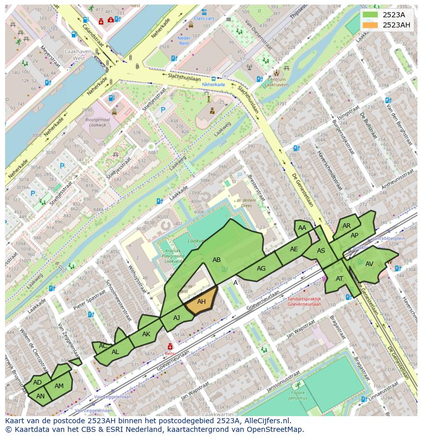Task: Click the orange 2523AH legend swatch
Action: [x=371, y=25]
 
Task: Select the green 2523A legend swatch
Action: [x=371, y=15]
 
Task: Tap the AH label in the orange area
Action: [x=201, y=302]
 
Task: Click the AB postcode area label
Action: [x=217, y=260]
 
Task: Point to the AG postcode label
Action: [x=261, y=269]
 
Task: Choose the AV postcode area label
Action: [x=370, y=264]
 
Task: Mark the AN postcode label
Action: [x=41, y=396]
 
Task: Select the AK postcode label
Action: [x=146, y=334]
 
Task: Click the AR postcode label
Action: [x=347, y=226]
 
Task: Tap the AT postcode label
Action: [x=339, y=278]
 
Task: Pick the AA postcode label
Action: [x=302, y=228]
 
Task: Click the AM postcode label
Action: [x=59, y=386]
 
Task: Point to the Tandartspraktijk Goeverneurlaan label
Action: [x=304, y=302]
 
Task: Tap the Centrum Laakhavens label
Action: [x=277, y=82]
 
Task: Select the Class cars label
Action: [x=204, y=18]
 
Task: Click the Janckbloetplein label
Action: [x=389, y=238]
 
